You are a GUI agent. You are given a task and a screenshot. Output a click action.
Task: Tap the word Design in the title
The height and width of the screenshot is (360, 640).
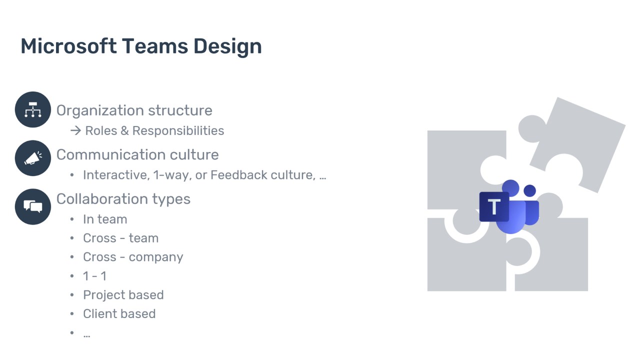click(227, 46)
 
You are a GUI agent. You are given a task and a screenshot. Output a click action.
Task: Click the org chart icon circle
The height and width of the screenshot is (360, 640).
click(33, 109)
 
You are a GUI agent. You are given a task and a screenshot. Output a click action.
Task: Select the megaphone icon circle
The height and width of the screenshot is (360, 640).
click(33, 158)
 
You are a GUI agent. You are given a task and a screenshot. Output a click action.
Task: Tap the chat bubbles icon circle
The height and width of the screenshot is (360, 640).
click(33, 206)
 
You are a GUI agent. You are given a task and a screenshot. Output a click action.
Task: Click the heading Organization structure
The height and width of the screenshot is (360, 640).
click(134, 110)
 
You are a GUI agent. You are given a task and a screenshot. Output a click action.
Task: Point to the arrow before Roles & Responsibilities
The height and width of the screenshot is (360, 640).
click(75, 130)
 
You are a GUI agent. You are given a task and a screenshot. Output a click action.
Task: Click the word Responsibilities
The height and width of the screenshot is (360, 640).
click(178, 130)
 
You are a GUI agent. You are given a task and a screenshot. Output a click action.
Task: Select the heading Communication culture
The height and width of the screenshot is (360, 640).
click(137, 154)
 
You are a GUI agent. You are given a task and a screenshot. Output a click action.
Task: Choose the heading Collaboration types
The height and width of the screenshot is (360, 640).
click(123, 199)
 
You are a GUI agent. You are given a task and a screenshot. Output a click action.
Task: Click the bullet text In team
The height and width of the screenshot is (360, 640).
click(105, 219)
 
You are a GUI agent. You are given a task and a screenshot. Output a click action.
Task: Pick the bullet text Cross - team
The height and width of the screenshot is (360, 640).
click(120, 238)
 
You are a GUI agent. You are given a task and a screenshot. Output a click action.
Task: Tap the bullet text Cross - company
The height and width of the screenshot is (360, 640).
click(133, 257)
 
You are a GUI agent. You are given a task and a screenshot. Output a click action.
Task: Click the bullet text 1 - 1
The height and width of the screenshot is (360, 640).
click(94, 276)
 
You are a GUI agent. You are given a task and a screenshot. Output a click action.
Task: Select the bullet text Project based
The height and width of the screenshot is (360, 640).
click(123, 295)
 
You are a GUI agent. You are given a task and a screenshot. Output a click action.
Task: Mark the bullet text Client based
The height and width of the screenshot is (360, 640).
click(119, 314)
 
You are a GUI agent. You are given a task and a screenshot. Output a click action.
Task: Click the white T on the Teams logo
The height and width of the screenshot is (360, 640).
click(494, 207)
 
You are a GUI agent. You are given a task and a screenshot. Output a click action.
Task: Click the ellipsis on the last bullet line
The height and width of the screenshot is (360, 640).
click(86, 334)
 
